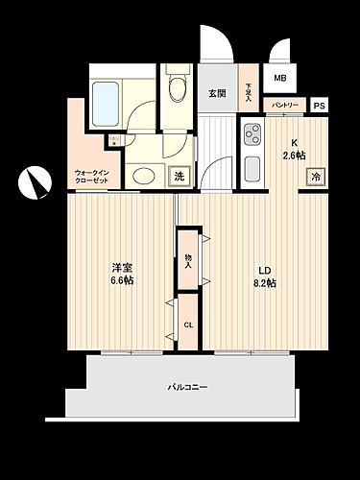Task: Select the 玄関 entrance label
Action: pos(217,93)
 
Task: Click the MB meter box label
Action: pos(279,78)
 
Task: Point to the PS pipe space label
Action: pos(319,106)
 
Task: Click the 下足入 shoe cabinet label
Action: pos(248,91)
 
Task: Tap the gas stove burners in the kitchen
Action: pos(252,132)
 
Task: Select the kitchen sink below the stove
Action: pos(252,168)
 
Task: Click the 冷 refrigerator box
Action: pos(315,176)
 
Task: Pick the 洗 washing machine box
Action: pos(180,176)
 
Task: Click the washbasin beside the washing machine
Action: pos(144,176)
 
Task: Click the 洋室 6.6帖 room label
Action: pos(120,274)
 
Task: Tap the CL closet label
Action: pos(188,324)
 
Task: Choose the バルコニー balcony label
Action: pos(188,387)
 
